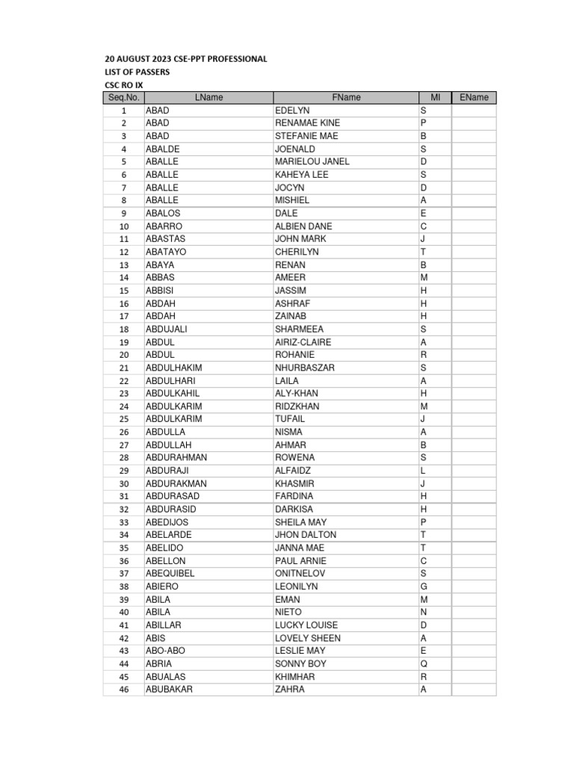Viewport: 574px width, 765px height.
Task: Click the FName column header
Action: [345, 97]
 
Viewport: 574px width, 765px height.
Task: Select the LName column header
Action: [209, 97]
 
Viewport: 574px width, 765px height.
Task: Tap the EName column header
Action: [474, 97]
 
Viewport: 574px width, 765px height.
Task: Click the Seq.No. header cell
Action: [123, 97]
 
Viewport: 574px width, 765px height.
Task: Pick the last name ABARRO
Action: [164, 226]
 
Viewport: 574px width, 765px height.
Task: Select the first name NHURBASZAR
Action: [305, 368]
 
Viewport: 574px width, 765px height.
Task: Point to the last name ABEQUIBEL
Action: [170, 574]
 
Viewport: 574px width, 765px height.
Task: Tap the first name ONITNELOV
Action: [300, 574]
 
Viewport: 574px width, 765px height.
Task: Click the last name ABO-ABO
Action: [166, 651]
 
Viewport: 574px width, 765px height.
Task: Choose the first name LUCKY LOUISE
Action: [306, 625]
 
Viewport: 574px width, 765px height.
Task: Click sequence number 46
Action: [124, 690]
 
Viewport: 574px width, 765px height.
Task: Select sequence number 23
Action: [124, 394]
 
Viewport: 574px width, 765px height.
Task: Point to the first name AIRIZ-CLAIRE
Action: [303, 342]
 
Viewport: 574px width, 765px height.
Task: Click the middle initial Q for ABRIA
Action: [423, 663]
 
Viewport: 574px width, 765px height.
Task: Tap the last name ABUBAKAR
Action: [169, 690]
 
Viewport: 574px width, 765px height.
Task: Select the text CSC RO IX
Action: [123, 84]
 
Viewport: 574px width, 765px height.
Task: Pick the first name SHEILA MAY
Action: [300, 522]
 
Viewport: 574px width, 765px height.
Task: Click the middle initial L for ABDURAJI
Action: [423, 471]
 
